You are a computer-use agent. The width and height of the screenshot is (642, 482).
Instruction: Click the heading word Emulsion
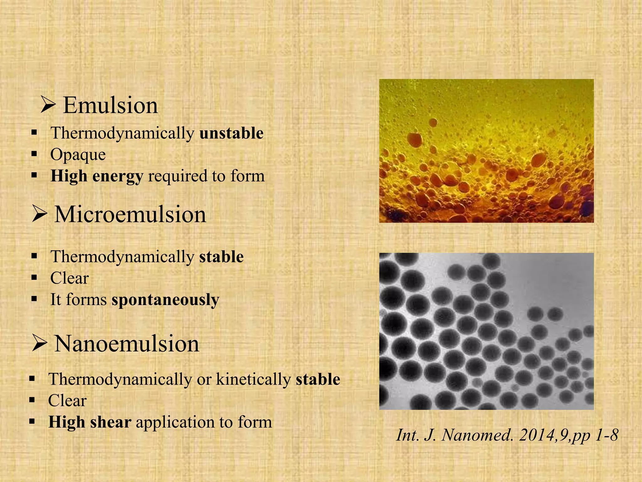(x=110, y=105)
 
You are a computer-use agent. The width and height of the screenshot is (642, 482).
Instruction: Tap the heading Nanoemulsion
(x=127, y=344)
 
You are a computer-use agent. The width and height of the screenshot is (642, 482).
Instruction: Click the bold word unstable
(x=231, y=133)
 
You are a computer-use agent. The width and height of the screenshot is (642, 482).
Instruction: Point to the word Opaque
(x=78, y=155)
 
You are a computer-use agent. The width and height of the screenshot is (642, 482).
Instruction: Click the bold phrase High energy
(x=97, y=176)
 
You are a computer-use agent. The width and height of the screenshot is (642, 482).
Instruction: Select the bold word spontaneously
(x=165, y=300)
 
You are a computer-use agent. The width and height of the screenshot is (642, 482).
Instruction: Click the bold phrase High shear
(x=90, y=422)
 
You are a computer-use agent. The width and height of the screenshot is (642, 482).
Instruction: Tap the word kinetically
(x=253, y=379)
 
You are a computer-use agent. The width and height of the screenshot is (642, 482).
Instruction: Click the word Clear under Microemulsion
(x=69, y=278)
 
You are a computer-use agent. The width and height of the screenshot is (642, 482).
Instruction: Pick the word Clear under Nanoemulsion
(x=67, y=401)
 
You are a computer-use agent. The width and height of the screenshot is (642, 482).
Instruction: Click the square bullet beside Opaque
(x=34, y=154)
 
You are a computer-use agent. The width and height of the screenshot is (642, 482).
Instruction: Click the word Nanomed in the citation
(x=476, y=435)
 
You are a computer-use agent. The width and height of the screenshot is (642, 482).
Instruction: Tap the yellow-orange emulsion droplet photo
(x=486, y=151)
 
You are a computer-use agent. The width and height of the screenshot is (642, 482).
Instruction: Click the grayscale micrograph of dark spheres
(x=486, y=331)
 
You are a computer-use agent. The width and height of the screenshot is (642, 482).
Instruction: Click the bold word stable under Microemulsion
(x=221, y=257)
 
